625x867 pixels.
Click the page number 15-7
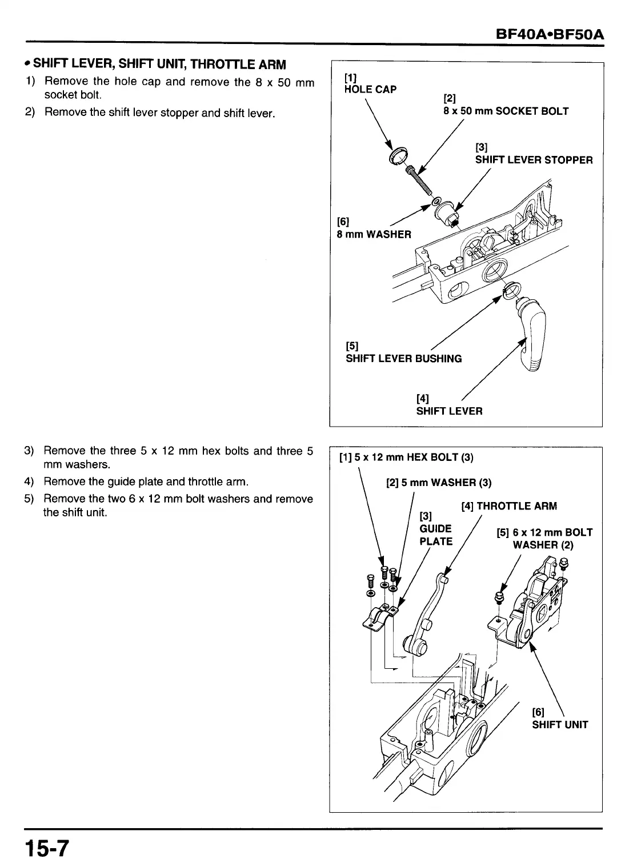point(45,848)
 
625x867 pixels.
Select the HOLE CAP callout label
point(370,89)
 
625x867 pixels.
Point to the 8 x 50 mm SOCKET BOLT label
point(506,111)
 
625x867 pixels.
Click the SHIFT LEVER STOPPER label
point(534,159)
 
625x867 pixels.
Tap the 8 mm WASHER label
point(374,234)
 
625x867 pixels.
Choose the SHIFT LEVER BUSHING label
point(403,359)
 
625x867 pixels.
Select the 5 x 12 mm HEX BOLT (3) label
point(406,457)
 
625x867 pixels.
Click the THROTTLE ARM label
point(508,506)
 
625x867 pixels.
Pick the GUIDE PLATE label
point(435,535)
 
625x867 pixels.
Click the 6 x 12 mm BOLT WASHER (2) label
point(544,539)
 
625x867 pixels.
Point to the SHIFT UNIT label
point(560,725)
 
